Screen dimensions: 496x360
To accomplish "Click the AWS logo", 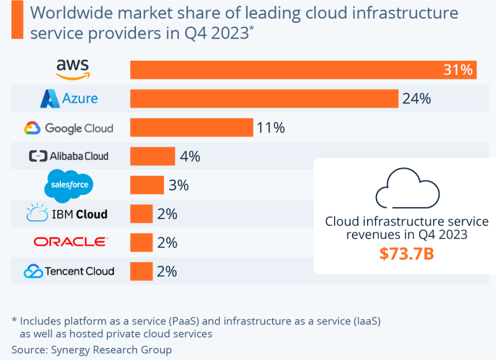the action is click(73, 69).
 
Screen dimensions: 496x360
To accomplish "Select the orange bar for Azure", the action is click(264, 98).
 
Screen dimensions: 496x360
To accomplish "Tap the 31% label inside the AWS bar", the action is click(458, 70).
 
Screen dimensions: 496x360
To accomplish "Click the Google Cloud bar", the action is click(192, 128).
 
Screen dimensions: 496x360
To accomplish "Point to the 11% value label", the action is click(271, 128).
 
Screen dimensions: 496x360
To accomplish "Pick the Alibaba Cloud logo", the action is click(69, 156).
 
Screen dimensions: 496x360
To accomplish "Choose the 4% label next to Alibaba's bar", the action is click(190, 156).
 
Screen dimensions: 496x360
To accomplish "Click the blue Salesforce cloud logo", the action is click(69, 185).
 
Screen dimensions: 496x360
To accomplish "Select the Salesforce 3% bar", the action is click(147, 185).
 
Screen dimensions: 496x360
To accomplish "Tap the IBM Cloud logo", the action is click(67, 213).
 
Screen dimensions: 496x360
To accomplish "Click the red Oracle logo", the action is click(71, 242).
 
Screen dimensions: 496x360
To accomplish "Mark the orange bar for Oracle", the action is click(142, 243).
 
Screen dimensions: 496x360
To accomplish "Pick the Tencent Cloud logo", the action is click(69, 271).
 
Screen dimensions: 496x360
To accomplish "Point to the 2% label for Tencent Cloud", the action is click(167, 271).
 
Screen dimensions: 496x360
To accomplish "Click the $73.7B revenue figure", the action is click(406, 254).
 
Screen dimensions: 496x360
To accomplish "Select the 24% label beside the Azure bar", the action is click(417, 98).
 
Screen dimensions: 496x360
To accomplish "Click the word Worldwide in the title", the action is click(72, 13).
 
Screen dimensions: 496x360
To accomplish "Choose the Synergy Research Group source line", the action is click(91, 350).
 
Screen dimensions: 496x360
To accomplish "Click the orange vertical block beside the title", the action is click(17, 20).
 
